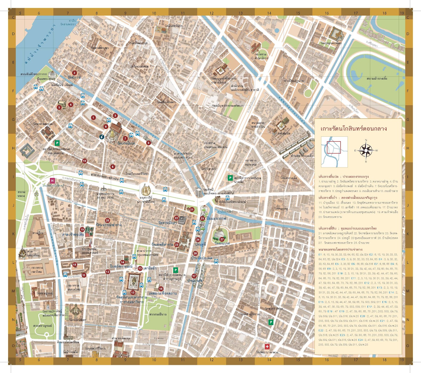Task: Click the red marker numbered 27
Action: click(x=222, y=239)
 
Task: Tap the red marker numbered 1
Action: click(x=93, y=118)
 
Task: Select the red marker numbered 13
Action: click(x=133, y=292)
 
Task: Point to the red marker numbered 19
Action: click(x=82, y=230)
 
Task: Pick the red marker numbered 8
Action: click(x=148, y=143)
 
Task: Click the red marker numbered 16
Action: click(x=161, y=289)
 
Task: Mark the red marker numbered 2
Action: click(x=74, y=73)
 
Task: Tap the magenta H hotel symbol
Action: click(x=52, y=181)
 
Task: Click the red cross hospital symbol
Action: click(x=267, y=346)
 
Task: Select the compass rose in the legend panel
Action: click(x=366, y=150)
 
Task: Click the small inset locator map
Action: click(x=334, y=152)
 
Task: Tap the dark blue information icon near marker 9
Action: click(x=102, y=137)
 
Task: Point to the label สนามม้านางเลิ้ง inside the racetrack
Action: click(x=377, y=78)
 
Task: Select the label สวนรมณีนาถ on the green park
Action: click(x=158, y=314)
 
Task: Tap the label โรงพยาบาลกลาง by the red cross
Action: click(x=267, y=352)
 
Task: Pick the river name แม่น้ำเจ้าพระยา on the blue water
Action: click(x=39, y=45)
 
